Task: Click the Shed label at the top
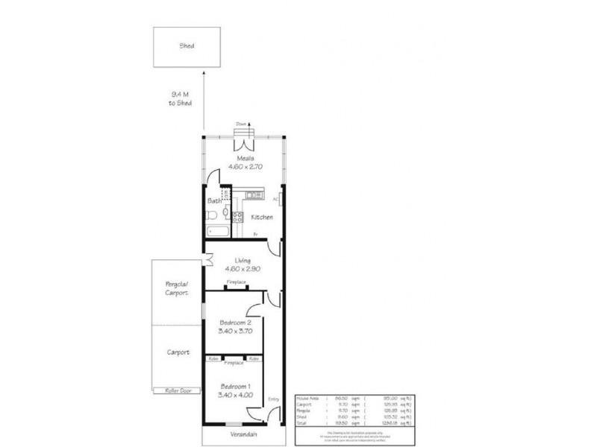[x=187, y=45]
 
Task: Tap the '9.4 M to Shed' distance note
[x=181, y=99]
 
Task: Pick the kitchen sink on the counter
[x=253, y=195]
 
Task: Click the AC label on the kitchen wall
[x=275, y=200]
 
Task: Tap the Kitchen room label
[x=261, y=217]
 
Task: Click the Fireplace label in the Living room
[x=237, y=281]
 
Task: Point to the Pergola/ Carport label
[x=177, y=289]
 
